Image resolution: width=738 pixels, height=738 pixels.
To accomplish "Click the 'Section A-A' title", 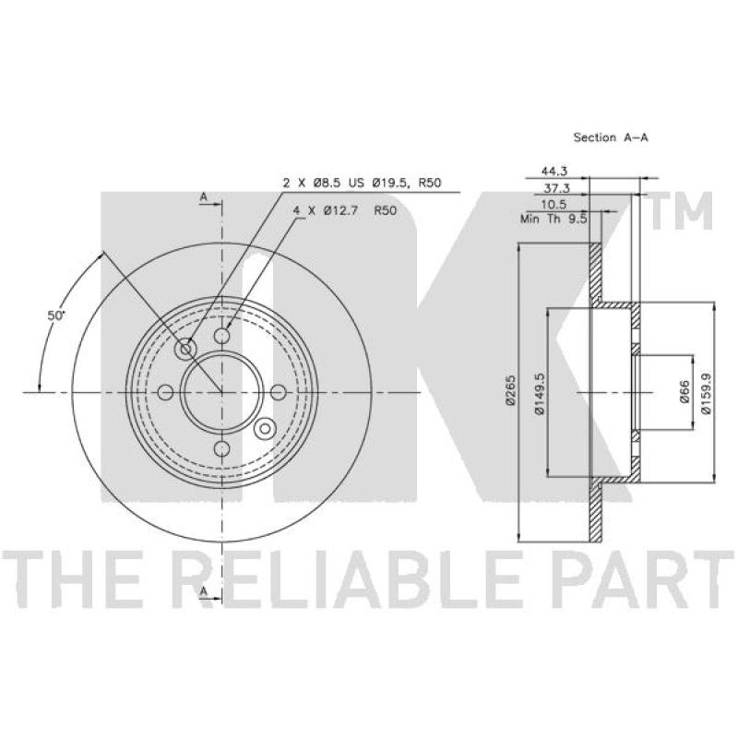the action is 611,137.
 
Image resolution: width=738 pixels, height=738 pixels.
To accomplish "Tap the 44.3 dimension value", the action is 554,172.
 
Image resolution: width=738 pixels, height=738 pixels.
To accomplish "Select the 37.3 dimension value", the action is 557,188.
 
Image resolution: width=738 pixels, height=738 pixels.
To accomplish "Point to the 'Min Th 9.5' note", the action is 554,219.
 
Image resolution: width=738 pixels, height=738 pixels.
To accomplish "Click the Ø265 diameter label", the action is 511,390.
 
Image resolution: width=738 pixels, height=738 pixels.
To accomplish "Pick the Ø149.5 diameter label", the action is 540,394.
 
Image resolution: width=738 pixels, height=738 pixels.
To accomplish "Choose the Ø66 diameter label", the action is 684,391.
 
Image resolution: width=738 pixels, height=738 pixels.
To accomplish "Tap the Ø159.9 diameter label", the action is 705,394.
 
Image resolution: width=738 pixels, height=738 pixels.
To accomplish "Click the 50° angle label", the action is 56,315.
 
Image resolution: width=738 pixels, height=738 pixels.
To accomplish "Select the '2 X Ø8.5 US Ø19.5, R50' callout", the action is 362,183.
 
